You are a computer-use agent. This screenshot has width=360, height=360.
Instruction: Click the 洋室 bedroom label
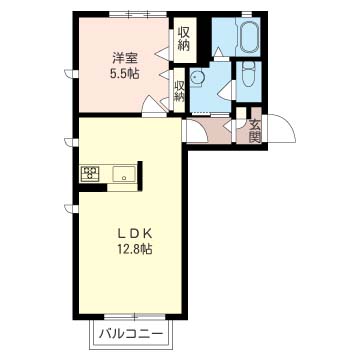pyautogui.click(x=125, y=57)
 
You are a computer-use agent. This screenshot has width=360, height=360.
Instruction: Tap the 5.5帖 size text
pyautogui.click(x=125, y=73)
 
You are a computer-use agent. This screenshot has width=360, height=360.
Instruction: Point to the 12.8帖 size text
pyautogui.click(x=133, y=248)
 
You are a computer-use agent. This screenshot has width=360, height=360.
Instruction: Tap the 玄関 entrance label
pyautogui.click(x=255, y=131)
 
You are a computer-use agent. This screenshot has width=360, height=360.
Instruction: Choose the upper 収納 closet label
pyautogui.click(x=185, y=39)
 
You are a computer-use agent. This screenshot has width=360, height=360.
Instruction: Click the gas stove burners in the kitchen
pyautogui.click(x=91, y=175)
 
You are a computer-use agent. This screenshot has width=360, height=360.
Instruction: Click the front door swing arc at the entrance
pyautogui.click(x=278, y=129)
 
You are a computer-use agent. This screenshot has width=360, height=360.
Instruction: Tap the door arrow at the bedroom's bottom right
pyautogui.click(x=149, y=101)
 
